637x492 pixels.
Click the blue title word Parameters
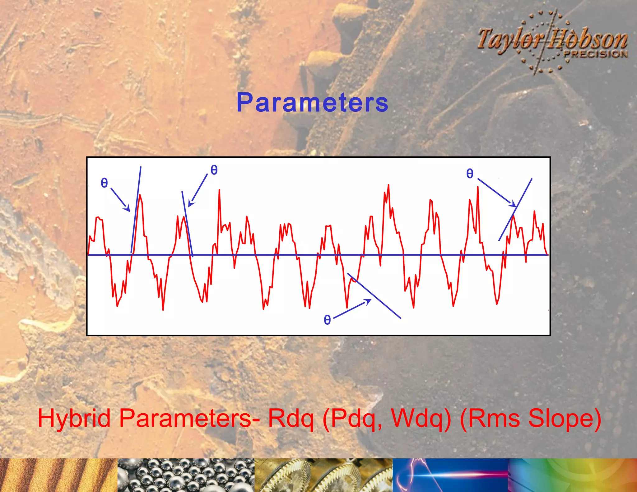pyautogui.click(x=312, y=103)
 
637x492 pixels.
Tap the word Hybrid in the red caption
pyautogui.click(x=74, y=418)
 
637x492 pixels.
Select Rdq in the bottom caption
pyautogui.click(x=291, y=419)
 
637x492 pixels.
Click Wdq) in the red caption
pyautogui.click(x=421, y=419)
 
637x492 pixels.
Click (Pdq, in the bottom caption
pyautogui.click(x=353, y=419)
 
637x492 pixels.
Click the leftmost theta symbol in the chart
pyautogui.click(x=104, y=183)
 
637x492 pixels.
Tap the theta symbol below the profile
pyautogui.click(x=327, y=320)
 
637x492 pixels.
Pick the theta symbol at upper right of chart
pyautogui.click(x=470, y=174)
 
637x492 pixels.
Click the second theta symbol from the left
pyautogui.click(x=214, y=170)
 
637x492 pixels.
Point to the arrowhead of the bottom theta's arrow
pyautogui.click(x=369, y=301)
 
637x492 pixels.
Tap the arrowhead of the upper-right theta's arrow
pyautogui.click(x=513, y=205)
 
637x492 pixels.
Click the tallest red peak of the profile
pyautogui.click(x=388, y=185)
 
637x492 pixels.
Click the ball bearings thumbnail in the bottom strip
pyautogui.click(x=186, y=475)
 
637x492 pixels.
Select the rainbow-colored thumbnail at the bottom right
pyautogui.click(x=572, y=475)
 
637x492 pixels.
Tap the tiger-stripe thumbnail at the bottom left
pyautogui.click(x=58, y=475)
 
